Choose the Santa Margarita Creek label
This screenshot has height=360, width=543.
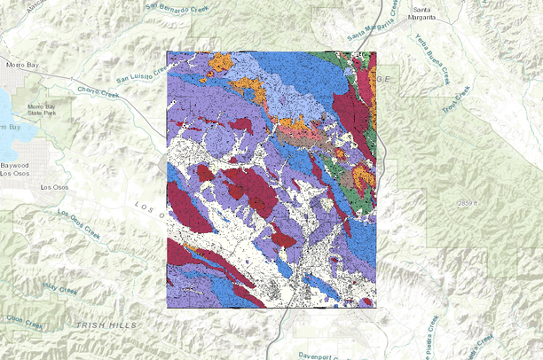[x=371, y=33]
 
